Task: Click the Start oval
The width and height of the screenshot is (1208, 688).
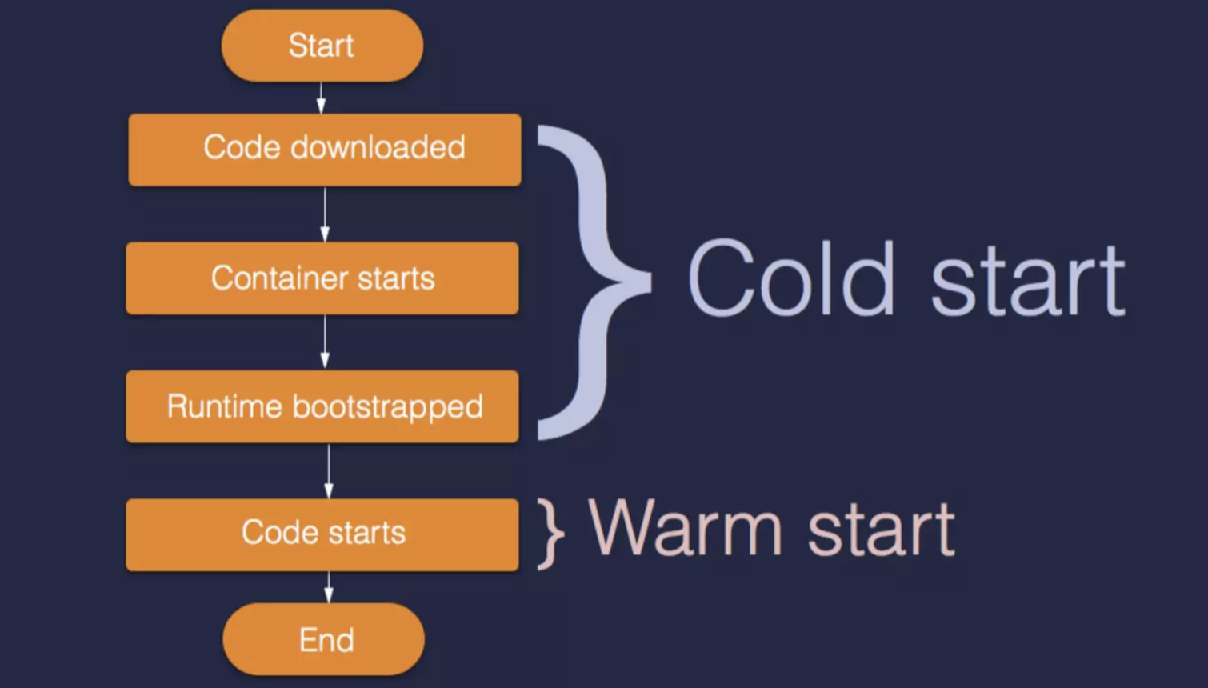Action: pyautogui.click(x=322, y=46)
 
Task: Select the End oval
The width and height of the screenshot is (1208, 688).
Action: pyautogui.click(x=324, y=639)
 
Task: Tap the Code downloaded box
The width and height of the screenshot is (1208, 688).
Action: pyautogui.click(x=325, y=150)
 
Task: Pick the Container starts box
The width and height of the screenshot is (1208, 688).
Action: pyautogui.click(x=322, y=278)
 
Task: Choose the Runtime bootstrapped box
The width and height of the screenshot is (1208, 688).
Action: pyautogui.click(x=322, y=406)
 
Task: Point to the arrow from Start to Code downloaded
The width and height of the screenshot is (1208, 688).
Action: pyautogui.click(x=322, y=98)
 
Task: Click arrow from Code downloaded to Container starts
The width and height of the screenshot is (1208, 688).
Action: pyautogui.click(x=325, y=214)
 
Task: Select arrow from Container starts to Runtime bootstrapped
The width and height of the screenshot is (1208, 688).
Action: pyautogui.click(x=325, y=342)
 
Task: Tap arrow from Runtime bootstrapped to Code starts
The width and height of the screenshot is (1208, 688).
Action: pyautogui.click(x=328, y=470)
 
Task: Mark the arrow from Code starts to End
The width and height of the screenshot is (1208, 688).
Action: pyautogui.click(x=328, y=586)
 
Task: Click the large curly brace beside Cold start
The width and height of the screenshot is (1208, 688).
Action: pyautogui.click(x=596, y=282)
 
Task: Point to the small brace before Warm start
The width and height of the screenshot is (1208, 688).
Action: pyautogui.click(x=550, y=533)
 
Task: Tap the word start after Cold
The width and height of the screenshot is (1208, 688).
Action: pyautogui.click(x=1028, y=281)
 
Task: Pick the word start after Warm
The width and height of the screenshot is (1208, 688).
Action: pyautogui.click(x=881, y=530)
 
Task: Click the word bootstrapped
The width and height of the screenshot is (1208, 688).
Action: pyautogui.click(x=388, y=407)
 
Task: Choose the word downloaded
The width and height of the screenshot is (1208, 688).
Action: pyautogui.click(x=378, y=148)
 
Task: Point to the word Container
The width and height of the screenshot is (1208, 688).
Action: pyautogui.click(x=279, y=278)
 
